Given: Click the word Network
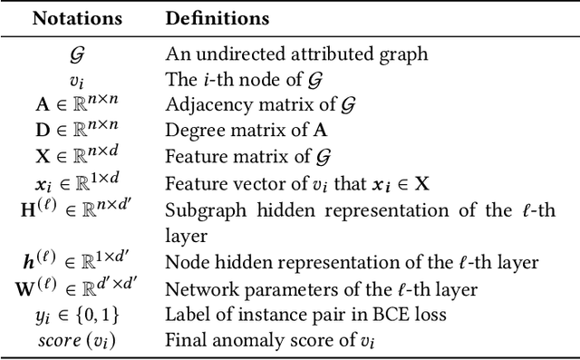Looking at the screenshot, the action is (197, 289).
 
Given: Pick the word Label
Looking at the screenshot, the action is (184, 316).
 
